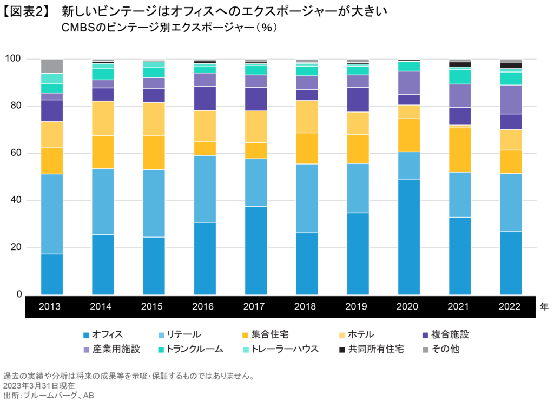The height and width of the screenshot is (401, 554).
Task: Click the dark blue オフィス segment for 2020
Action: click(x=408, y=236)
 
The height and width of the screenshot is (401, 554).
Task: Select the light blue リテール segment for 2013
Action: click(x=52, y=214)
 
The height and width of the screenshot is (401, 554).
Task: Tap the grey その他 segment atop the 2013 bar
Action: click(x=52, y=66)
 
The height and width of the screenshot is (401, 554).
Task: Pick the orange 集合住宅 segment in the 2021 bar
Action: click(x=459, y=150)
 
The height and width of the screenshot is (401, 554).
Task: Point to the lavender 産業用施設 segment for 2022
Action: click(x=511, y=99)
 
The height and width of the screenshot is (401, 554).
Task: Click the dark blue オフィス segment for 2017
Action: click(x=256, y=250)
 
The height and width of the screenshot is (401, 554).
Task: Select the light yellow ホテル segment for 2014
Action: click(x=103, y=118)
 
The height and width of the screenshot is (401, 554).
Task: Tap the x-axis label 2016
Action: click(x=205, y=306)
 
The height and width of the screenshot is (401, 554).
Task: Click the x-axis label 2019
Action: click(x=358, y=306)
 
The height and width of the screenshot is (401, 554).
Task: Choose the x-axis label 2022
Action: click(x=511, y=306)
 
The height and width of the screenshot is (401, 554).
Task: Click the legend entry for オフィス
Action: click(x=103, y=334)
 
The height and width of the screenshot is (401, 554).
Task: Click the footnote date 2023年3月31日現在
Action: click(x=39, y=386)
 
